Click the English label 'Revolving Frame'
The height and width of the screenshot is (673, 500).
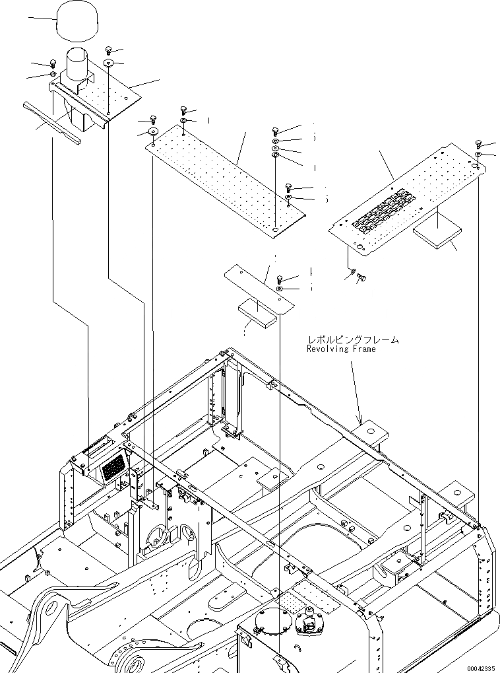pos(340,349)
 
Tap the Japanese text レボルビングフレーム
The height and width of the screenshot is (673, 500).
pos(352,339)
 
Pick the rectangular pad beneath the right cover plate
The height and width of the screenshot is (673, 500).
pos(437,234)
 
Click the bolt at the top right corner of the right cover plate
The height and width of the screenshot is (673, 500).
pos(478,144)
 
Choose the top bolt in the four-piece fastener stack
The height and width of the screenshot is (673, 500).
pos(275,131)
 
